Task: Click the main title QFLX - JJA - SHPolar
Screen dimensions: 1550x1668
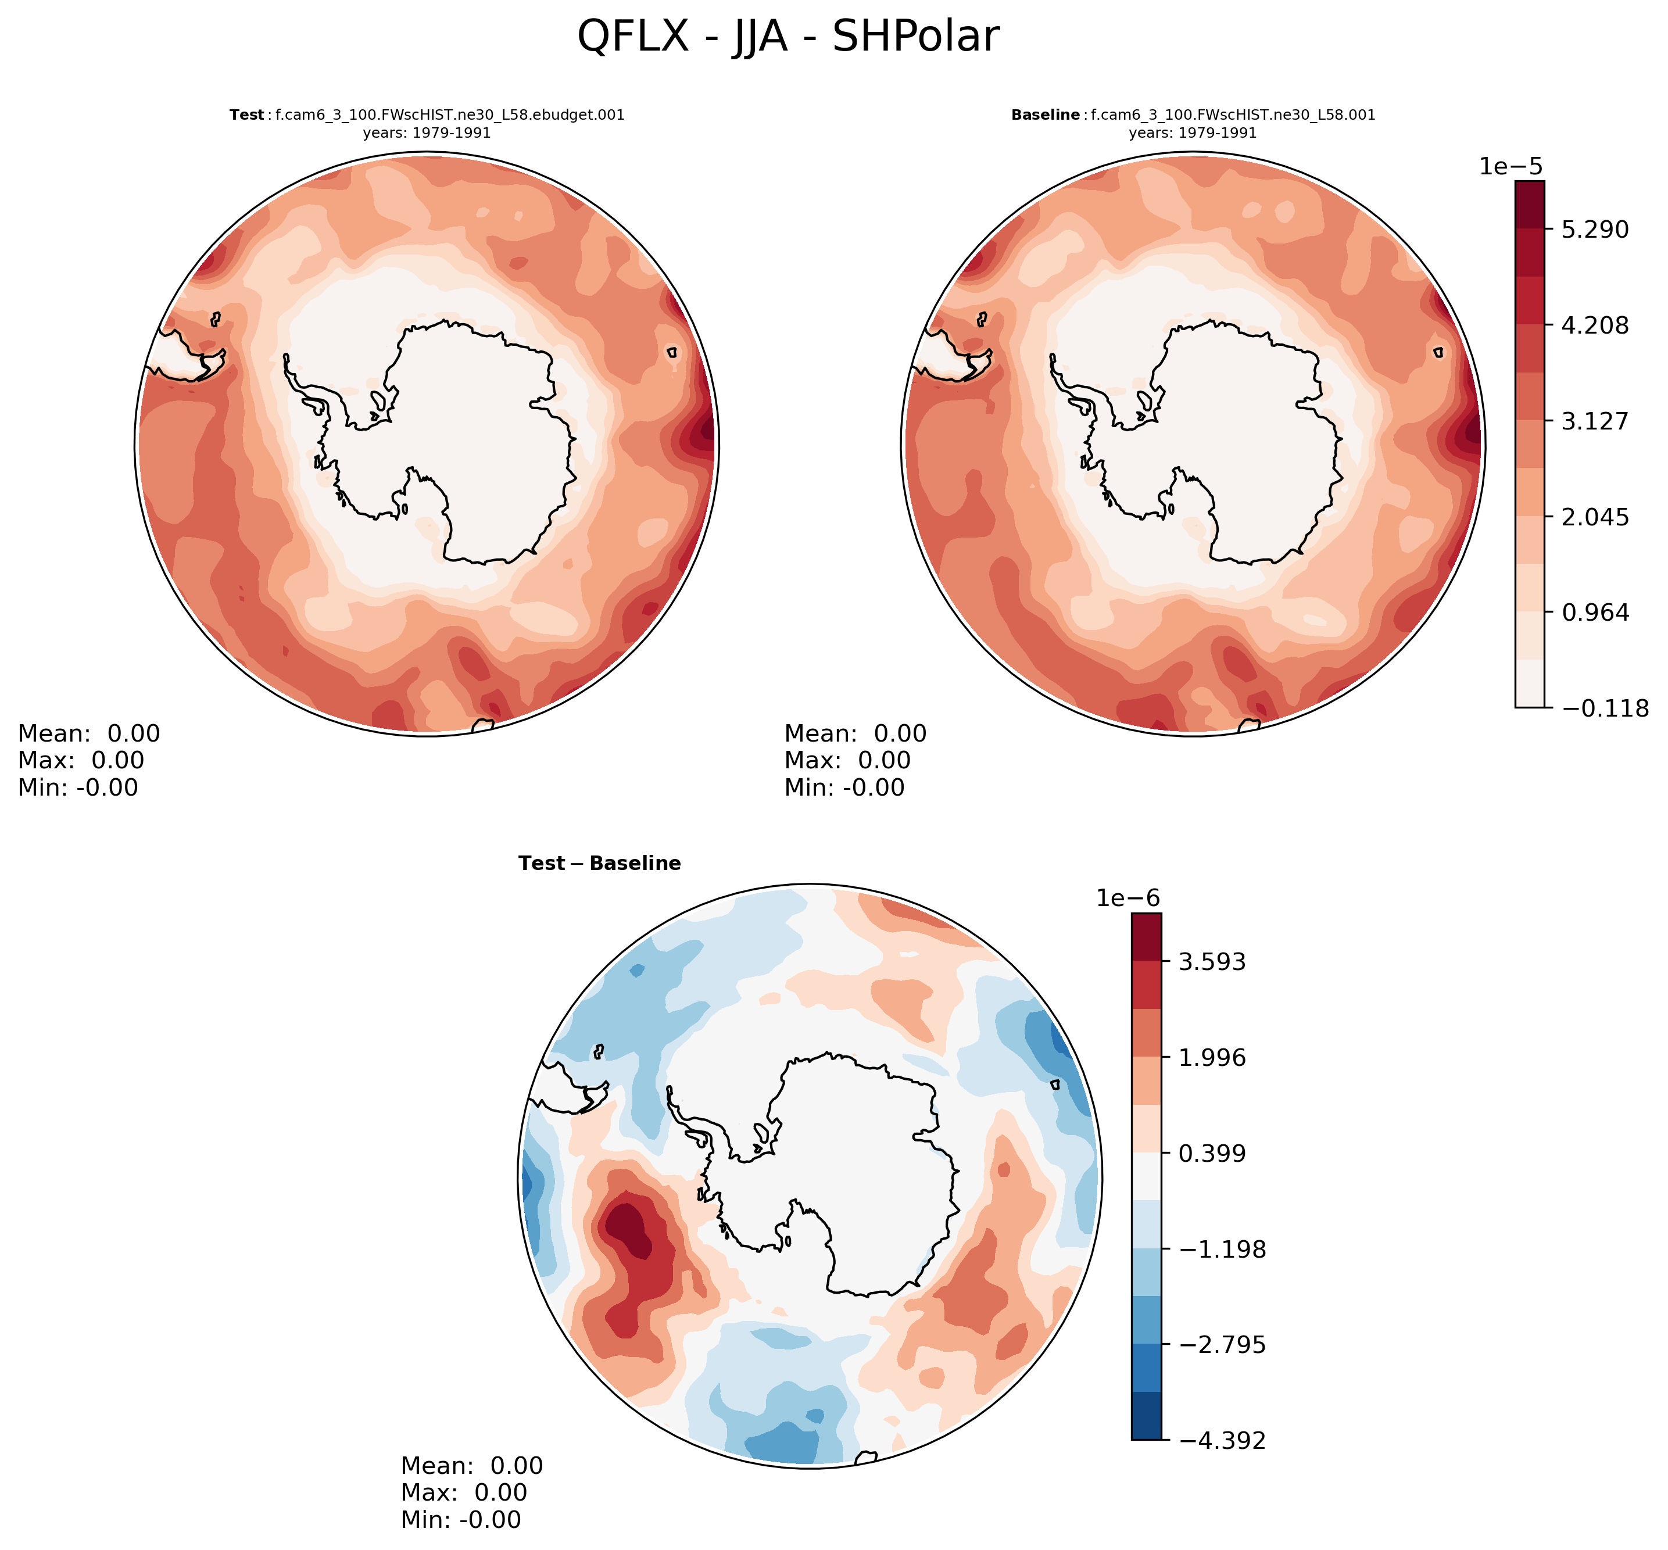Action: tap(788, 38)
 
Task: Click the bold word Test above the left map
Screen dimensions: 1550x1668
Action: tap(246, 115)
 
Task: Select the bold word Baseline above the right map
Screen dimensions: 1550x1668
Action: tap(1046, 115)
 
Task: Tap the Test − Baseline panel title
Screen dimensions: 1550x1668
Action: tap(600, 863)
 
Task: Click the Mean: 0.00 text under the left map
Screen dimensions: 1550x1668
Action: tap(89, 733)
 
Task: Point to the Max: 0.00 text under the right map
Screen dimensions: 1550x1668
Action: tap(847, 760)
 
